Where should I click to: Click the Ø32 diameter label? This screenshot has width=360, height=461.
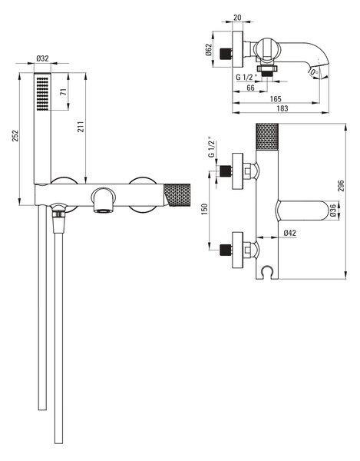coord(42,58)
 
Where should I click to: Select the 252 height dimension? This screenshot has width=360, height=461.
coord(15,136)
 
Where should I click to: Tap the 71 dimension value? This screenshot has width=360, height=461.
coord(64,91)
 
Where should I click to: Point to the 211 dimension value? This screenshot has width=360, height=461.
coord(81,127)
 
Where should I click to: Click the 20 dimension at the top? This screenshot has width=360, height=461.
coord(237,18)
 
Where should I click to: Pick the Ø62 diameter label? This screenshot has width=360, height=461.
coord(208,50)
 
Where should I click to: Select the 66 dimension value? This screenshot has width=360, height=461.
coord(250,88)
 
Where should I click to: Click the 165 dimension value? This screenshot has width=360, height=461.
coord(276,98)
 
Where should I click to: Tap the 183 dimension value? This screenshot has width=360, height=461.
coord(282,108)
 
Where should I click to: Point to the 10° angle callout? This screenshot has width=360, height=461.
coord(313,72)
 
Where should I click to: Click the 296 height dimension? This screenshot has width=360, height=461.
coord(341,186)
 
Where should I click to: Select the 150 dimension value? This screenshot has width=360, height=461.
coord(205,209)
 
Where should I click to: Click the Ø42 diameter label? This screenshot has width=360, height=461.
coord(290,233)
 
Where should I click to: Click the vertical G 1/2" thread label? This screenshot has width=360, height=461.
coord(212,147)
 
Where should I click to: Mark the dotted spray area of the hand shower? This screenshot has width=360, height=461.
coord(42,94)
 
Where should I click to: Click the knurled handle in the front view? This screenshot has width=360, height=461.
coord(177,194)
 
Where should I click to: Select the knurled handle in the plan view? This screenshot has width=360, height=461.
coord(267,137)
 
